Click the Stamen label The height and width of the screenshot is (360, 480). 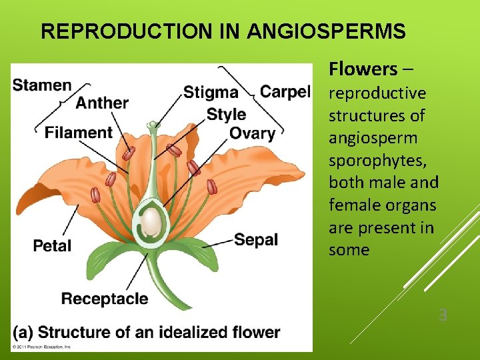coord(42,85)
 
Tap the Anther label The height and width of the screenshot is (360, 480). coord(102,103)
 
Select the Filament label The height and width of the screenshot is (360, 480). coord(78,133)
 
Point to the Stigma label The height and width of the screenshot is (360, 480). coord(210,93)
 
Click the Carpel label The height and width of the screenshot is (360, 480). coord(285,91)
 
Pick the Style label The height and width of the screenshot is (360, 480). coord(226,113)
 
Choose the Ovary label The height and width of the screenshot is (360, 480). coord(252,133)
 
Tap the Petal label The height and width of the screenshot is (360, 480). coord(52,245)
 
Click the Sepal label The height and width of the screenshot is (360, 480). coord(256,239)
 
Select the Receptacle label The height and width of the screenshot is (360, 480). coord(105,299)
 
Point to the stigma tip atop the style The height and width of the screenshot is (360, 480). coord(154,124)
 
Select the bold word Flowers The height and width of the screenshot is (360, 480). coord(362,69)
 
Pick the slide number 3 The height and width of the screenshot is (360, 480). coord(443,315)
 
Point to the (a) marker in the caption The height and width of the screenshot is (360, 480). coord(23,331)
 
